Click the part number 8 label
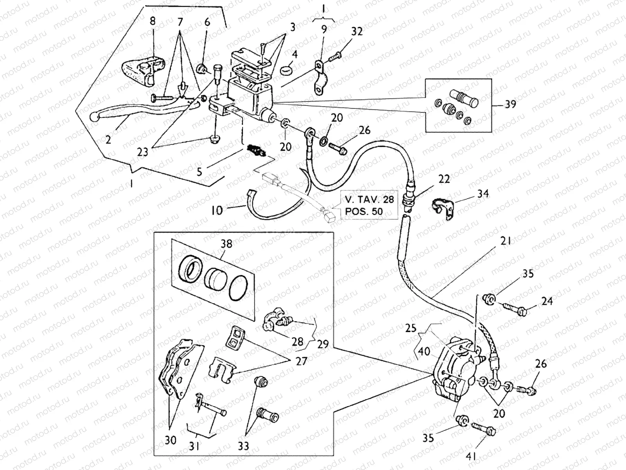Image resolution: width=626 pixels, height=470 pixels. (153, 21)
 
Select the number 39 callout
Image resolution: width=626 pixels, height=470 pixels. (510, 104)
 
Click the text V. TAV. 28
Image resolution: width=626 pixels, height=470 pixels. (369, 199)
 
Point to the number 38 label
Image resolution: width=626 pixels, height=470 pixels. (227, 244)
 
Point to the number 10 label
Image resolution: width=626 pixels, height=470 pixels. (216, 210)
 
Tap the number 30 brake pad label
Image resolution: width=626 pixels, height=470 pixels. (170, 440)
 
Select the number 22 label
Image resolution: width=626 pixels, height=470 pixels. (444, 179)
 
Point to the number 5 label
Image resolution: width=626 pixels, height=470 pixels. (200, 172)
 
